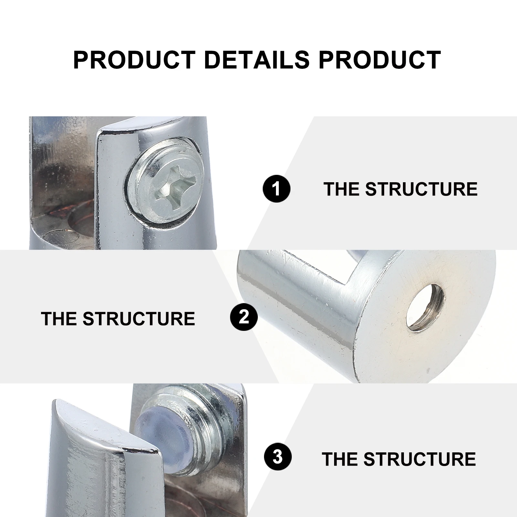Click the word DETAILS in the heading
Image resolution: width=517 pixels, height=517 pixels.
click(257, 60)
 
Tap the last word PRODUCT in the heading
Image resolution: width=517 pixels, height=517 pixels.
click(380, 60)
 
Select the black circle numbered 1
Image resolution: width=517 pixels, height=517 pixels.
click(277, 189)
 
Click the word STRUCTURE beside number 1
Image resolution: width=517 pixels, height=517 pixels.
click(421, 189)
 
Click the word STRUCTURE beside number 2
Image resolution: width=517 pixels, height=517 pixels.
click(139, 319)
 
